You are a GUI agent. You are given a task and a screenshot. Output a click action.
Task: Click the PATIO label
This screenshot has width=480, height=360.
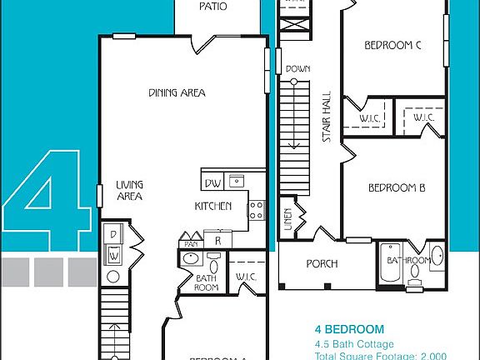[213, 7]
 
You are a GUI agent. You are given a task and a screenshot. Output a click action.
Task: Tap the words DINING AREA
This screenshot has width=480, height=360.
[177, 93]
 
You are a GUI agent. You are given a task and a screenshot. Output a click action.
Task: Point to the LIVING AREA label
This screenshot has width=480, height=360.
[129, 191]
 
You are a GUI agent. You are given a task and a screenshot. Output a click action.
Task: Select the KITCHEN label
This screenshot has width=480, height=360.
[212, 207]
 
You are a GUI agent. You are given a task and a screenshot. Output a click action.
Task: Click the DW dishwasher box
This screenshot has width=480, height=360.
[212, 180]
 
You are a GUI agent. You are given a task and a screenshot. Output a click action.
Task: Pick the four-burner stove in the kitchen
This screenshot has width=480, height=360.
[256, 210]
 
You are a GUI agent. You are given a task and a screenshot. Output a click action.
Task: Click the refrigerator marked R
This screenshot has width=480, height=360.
[217, 240]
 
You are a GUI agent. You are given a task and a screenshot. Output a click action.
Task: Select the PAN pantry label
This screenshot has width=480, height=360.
[191, 243]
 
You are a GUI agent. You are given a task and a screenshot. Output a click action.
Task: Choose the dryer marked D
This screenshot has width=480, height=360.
[113, 234]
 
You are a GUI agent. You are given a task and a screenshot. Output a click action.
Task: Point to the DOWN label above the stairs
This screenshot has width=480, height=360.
[297, 69]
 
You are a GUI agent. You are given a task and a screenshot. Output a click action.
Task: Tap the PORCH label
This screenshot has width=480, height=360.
[322, 264]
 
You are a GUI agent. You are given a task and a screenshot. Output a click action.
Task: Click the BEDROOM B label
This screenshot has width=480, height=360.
[397, 187]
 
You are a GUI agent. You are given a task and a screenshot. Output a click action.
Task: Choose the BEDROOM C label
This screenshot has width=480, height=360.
[392, 46]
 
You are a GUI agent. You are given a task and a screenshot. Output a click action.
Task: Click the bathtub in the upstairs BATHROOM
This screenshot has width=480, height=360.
[389, 265]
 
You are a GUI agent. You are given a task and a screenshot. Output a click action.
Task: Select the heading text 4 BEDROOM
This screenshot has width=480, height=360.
[349, 329]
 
